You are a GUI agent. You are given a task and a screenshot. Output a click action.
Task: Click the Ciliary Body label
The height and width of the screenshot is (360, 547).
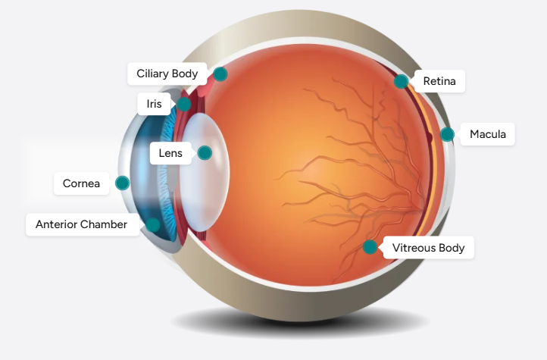point(167,74)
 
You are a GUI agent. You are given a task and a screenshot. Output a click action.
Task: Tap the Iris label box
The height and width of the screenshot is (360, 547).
point(154,103)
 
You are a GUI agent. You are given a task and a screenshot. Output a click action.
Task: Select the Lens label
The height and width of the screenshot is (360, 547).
point(170,153)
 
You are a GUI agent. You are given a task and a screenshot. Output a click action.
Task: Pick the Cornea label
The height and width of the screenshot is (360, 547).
point(81,183)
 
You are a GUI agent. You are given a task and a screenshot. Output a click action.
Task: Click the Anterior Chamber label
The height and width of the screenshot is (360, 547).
point(81,224)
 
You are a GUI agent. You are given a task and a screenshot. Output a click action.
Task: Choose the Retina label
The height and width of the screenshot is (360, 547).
point(439,81)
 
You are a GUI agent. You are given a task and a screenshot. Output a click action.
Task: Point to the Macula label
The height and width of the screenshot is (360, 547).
point(487,135)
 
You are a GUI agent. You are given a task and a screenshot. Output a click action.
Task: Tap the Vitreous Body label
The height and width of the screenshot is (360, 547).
point(428,248)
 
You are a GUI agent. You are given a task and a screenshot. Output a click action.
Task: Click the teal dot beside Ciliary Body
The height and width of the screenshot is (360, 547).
point(220,74)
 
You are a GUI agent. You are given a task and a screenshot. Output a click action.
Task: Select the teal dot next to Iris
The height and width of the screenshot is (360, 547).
point(184,103)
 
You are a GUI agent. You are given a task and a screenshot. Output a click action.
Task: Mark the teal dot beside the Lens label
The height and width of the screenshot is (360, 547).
point(204,153)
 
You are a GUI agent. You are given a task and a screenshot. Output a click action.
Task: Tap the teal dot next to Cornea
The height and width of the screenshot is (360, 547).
point(122,183)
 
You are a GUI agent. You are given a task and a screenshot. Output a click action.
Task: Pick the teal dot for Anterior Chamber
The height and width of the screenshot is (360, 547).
point(153,224)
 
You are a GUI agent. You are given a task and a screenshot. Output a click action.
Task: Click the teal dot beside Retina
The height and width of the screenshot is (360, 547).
point(401,81)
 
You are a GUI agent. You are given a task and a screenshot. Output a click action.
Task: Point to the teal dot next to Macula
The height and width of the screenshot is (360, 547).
point(447,135)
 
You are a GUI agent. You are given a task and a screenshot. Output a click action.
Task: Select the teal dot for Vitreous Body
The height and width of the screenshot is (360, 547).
point(370,247)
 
